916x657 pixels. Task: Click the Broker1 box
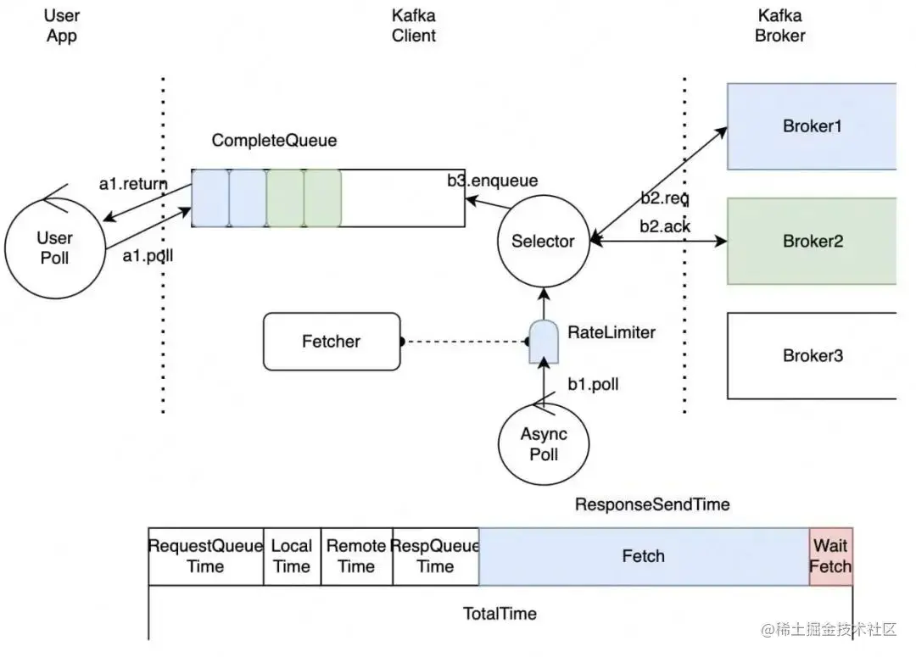click(x=812, y=126)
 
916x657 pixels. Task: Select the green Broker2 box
click(x=812, y=241)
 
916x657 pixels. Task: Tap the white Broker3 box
click(x=812, y=355)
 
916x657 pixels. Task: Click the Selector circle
click(x=543, y=242)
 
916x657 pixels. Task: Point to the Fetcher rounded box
click(x=332, y=342)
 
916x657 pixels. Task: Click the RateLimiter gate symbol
click(x=539, y=342)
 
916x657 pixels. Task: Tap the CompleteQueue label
click(x=274, y=141)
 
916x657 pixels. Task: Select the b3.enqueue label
click(x=492, y=180)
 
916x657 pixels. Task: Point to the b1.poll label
click(x=593, y=384)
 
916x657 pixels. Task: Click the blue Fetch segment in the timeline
click(x=644, y=556)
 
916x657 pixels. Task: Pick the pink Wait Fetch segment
click(x=830, y=556)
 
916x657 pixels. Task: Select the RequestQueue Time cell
click(x=206, y=556)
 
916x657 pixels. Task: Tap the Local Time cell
click(x=292, y=556)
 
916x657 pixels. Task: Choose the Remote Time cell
click(x=356, y=556)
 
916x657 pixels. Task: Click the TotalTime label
click(x=500, y=613)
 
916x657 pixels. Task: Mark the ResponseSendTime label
click(x=652, y=504)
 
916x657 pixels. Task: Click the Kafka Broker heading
click(x=780, y=25)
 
